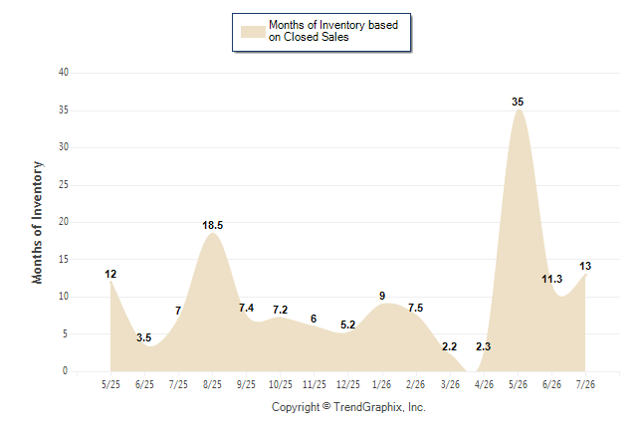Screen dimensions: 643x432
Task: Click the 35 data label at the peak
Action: (518, 102)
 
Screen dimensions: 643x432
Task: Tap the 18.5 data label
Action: (212, 225)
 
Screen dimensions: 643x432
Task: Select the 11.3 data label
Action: (551, 280)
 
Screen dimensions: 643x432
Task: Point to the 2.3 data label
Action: (483, 346)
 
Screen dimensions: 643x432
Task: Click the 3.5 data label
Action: (144, 337)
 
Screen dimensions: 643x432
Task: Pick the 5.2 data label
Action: (347, 324)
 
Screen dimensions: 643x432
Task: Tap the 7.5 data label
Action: (415, 308)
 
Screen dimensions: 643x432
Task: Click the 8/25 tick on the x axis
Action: (212, 384)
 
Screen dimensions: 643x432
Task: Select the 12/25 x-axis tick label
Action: (347, 384)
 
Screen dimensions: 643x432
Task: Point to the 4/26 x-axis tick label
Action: (484, 384)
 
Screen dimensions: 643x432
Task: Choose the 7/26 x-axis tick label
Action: (585, 384)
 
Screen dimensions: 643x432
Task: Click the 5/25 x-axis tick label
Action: (110, 384)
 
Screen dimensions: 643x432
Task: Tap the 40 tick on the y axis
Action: (64, 73)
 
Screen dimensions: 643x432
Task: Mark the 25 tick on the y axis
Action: (64, 184)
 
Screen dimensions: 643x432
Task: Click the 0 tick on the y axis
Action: (66, 371)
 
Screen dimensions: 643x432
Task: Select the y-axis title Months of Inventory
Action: (37, 222)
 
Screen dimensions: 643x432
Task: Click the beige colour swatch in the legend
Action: (253, 32)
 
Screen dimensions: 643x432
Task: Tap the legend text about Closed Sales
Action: (333, 31)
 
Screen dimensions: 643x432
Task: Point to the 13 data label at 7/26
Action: (585, 266)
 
